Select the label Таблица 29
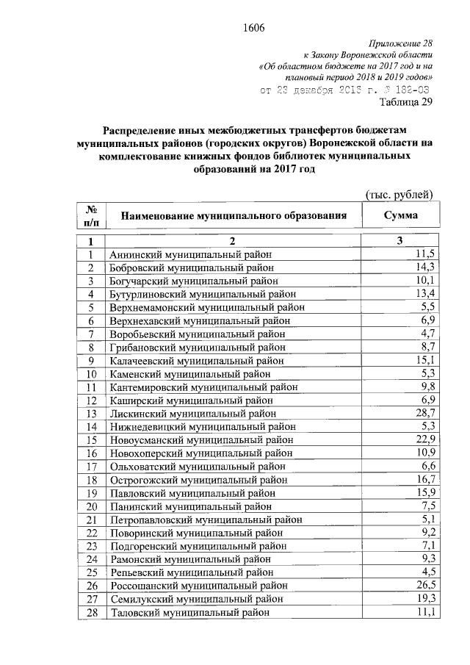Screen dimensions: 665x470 click(408, 102)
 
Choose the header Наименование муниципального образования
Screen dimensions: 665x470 click(234, 216)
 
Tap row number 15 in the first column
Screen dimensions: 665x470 click(92, 440)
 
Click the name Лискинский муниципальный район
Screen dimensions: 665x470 click(188, 414)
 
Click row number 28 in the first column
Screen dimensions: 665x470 click(92, 612)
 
